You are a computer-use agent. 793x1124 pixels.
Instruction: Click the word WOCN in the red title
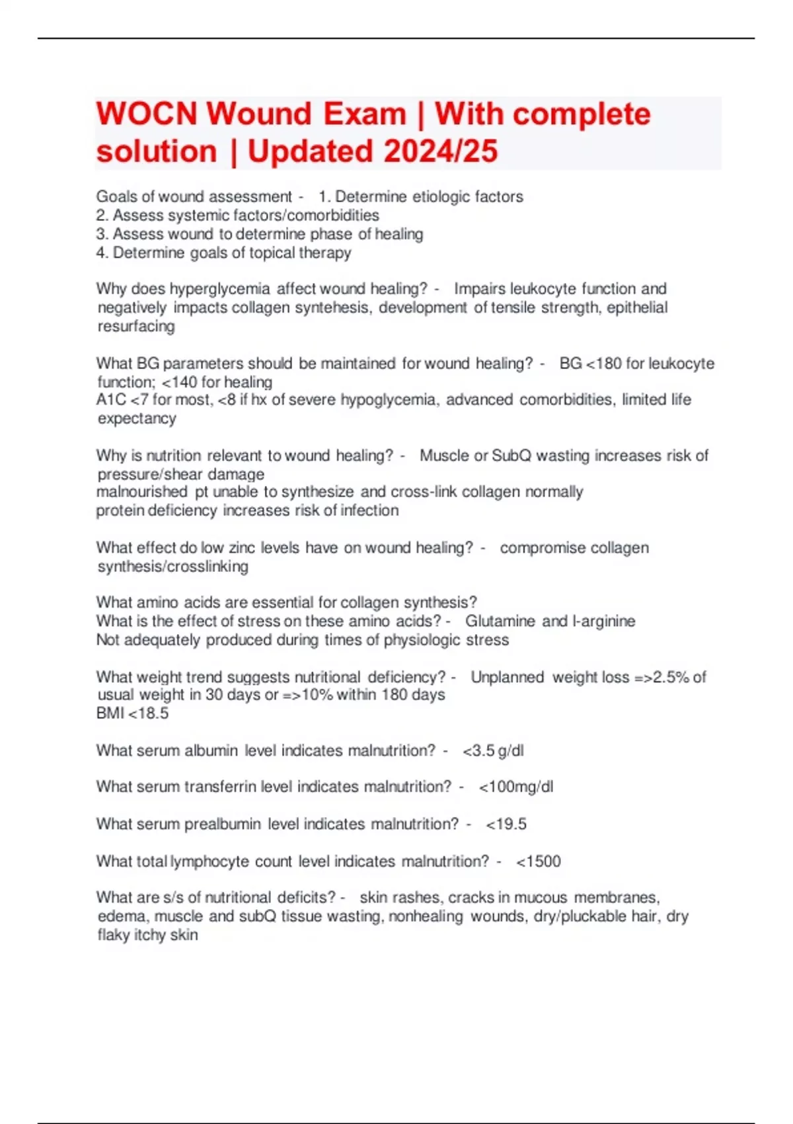(147, 114)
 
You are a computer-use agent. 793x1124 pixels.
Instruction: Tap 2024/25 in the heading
(440, 151)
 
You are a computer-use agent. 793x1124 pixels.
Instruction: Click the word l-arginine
(604, 622)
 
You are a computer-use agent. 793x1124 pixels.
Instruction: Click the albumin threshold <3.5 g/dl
(493, 751)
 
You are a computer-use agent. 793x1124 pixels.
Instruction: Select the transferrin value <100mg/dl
(516, 787)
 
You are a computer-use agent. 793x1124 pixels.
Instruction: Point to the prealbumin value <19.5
(506, 824)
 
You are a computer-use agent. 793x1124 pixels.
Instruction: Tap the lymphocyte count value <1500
(539, 862)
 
